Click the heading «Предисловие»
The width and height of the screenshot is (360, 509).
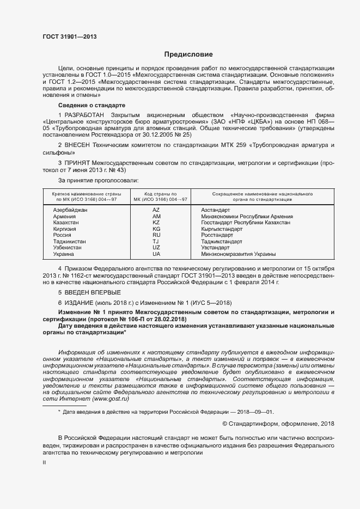pyautogui.click(x=189, y=54)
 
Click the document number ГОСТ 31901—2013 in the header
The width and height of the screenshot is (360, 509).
pyautogui.click(x=70, y=37)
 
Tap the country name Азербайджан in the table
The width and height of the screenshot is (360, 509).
pyautogui.click(x=70, y=210)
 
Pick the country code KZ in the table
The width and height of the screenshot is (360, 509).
pyautogui.click(x=156, y=223)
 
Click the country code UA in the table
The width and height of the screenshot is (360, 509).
pyautogui.click(x=156, y=254)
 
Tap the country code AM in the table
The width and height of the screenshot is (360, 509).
pyautogui.click(x=156, y=216)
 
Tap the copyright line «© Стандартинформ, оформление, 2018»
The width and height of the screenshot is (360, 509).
pyautogui.click(x=279, y=424)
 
